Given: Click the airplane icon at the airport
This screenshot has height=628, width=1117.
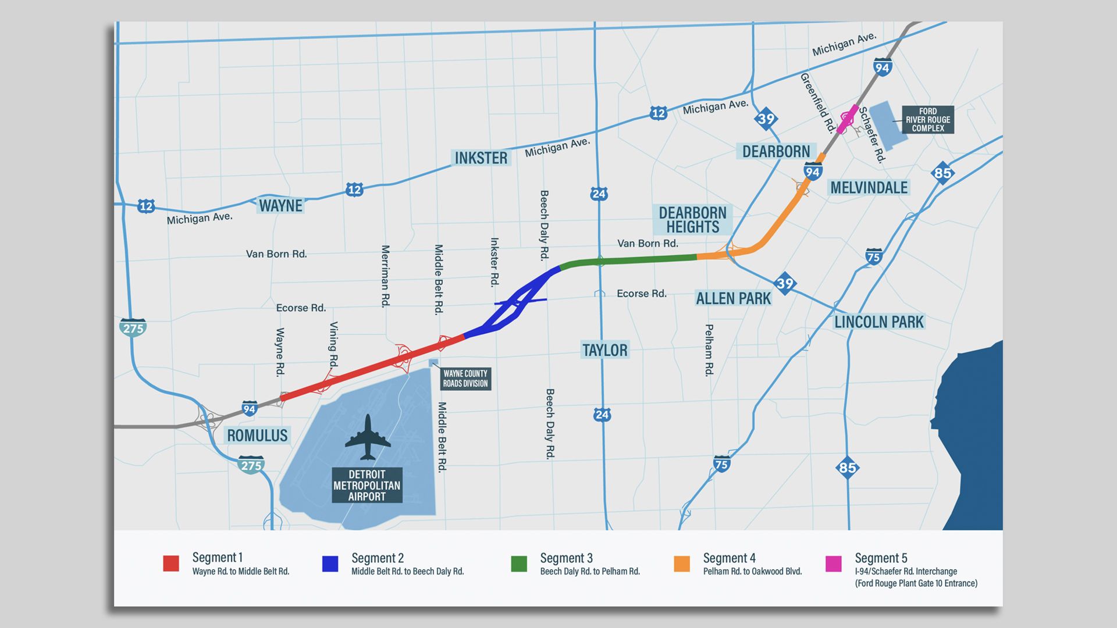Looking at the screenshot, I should click(x=368, y=437).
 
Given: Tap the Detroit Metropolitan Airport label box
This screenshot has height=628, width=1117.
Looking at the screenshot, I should click(x=367, y=486).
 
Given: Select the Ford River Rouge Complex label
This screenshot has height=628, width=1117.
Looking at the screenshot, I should click(x=927, y=120).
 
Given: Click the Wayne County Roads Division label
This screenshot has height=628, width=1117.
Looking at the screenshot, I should click(x=465, y=379).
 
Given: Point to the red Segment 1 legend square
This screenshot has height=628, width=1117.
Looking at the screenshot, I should click(x=171, y=563).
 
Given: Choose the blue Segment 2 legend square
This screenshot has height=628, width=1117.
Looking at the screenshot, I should click(x=330, y=563).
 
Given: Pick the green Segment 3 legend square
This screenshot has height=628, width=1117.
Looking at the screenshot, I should click(x=519, y=563).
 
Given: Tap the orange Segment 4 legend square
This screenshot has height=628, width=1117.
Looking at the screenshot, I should click(x=682, y=563).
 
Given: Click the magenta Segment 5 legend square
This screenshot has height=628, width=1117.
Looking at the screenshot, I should click(x=834, y=563).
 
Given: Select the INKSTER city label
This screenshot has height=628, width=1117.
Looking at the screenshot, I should click(x=481, y=158).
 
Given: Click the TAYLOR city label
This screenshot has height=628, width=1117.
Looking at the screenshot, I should click(x=605, y=350).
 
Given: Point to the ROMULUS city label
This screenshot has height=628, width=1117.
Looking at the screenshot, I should click(x=257, y=436).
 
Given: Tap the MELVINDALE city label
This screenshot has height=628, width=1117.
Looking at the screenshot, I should click(x=869, y=188).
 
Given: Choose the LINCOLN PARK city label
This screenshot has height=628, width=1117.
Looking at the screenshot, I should click(x=879, y=322).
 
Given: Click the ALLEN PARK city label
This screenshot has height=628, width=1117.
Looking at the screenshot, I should click(x=733, y=299).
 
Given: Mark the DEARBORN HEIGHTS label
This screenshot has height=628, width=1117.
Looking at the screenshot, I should click(x=692, y=220).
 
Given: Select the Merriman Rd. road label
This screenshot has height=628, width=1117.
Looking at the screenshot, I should click(x=385, y=276).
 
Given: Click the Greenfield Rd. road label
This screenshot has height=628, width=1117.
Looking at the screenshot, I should click(x=817, y=102).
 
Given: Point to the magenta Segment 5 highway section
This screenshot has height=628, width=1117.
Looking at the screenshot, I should click(x=846, y=119).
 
